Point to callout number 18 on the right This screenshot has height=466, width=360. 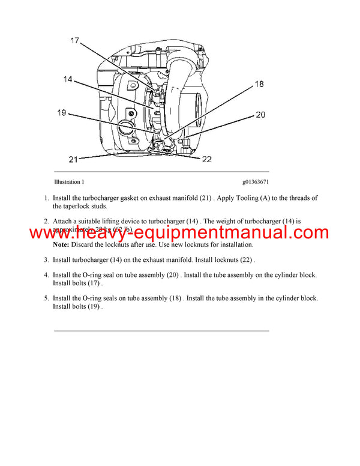[x=259, y=84]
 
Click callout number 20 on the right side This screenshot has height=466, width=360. [x=260, y=115]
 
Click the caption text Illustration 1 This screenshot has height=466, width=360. [x=69, y=181]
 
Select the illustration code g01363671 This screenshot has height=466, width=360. [x=256, y=181]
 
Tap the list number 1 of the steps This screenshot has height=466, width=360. [x=46, y=198]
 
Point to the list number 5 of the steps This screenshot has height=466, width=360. [x=46, y=298]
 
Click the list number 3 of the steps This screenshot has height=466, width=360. [x=46, y=260]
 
